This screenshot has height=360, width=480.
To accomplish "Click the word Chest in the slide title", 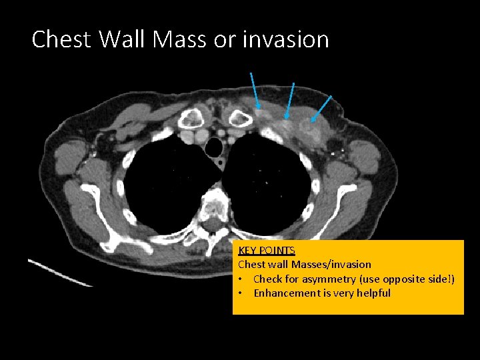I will (61, 39).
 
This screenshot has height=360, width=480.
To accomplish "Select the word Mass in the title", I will (181, 39).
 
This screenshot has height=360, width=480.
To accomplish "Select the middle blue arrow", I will (290, 100).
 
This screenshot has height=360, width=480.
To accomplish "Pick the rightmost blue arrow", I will (321, 109).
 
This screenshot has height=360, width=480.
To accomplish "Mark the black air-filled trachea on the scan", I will (215, 145).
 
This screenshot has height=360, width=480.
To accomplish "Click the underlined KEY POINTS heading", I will (267, 251).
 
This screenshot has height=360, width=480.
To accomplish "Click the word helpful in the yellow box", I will (373, 293).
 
